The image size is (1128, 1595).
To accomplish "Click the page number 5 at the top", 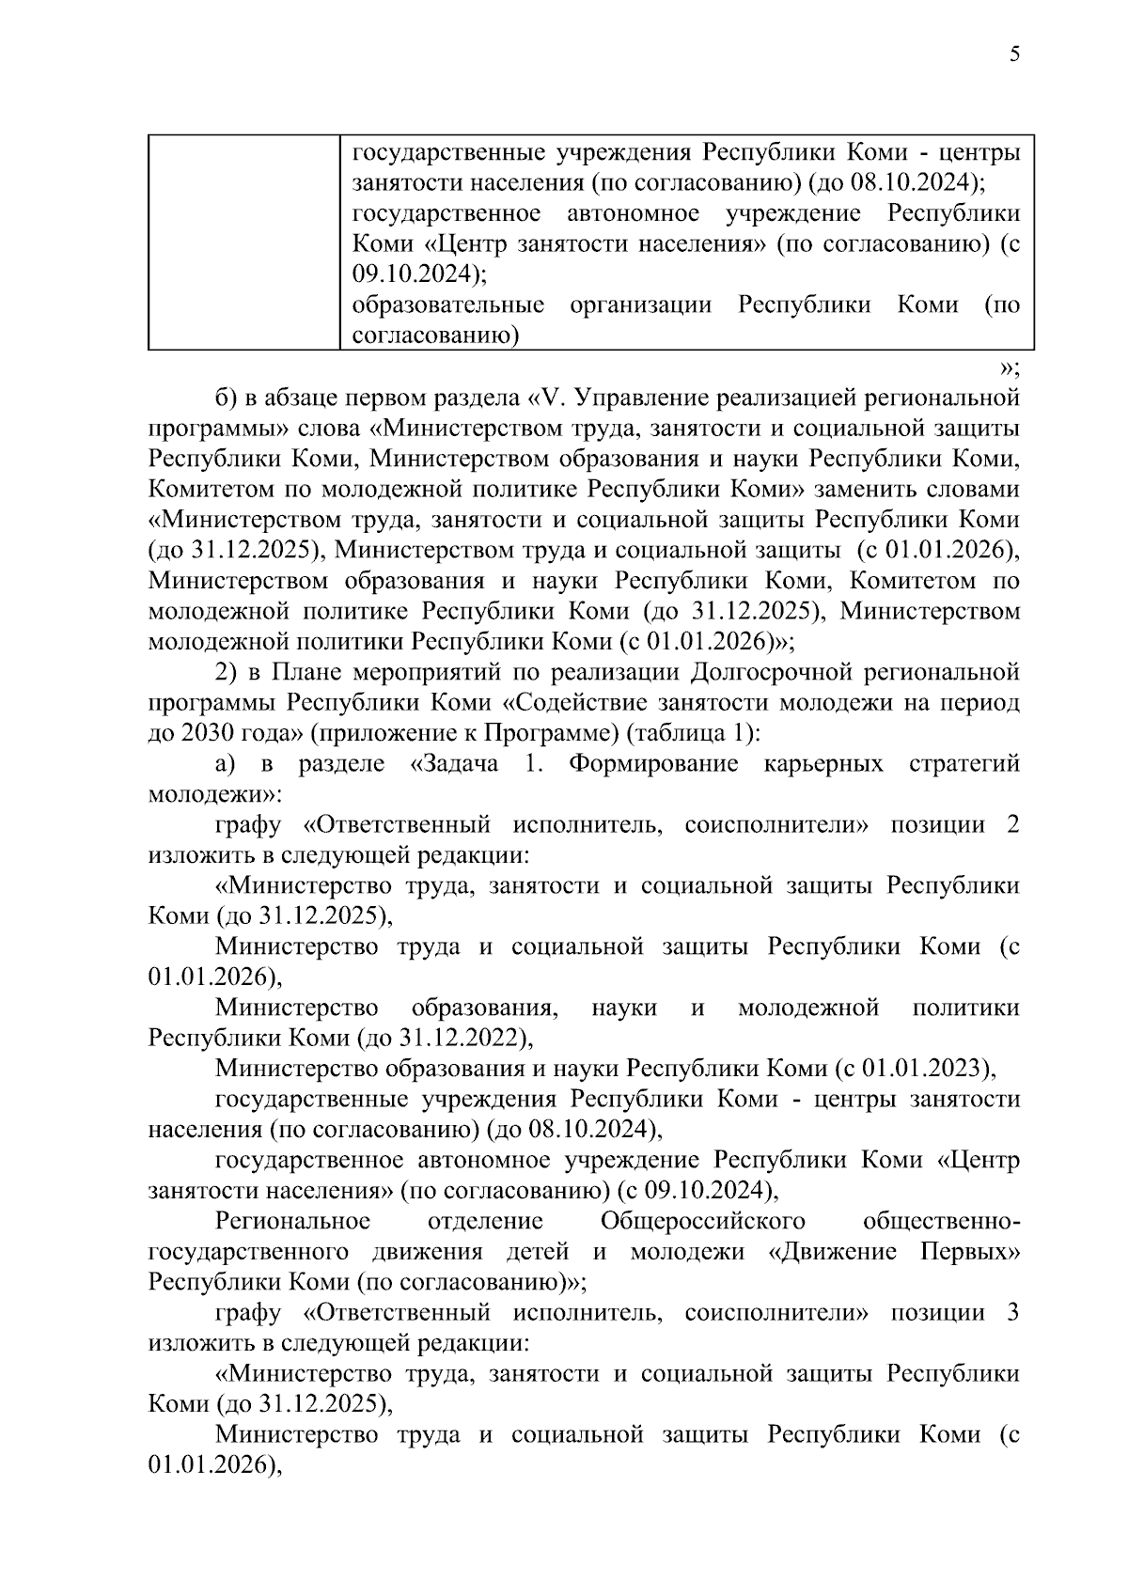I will [1014, 54].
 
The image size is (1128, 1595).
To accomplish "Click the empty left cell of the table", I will [243, 242].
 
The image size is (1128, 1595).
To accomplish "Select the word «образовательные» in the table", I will [447, 305].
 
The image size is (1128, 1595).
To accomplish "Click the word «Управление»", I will [640, 398].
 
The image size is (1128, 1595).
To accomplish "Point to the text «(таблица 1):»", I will [691, 734].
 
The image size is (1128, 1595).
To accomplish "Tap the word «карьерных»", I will [824, 764].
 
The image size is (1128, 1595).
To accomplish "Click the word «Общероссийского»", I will [703, 1222].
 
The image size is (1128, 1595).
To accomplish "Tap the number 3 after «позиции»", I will [1012, 1314].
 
